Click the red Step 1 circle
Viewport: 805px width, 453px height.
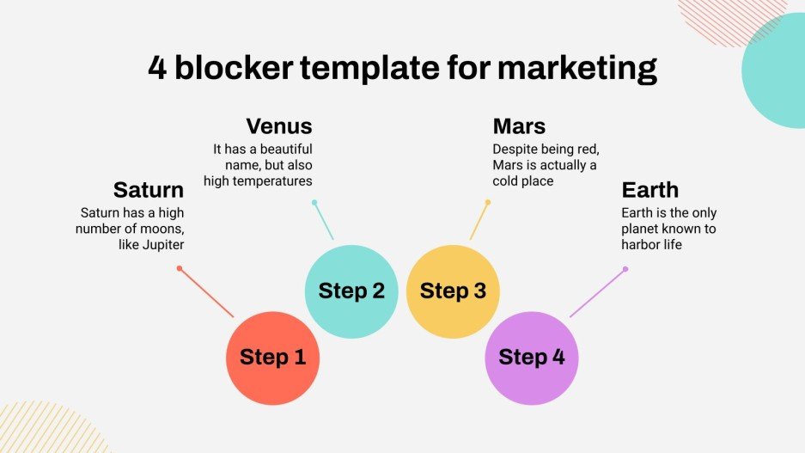(272, 358)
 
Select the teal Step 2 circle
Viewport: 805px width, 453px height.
(351, 291)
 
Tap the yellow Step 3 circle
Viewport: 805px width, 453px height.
(453, 291)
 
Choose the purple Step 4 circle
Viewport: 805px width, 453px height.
(532, 358)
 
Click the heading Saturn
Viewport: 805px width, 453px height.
(149, 190)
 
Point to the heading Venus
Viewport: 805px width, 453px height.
(279, 126)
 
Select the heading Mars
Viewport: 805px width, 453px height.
(519, 126)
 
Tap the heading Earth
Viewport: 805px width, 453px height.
(650, 190)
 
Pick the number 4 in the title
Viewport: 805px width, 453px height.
(156, 68)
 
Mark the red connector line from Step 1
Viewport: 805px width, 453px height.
(206, 292)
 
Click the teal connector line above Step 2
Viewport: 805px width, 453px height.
(324, 221)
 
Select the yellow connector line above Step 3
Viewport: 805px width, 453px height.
(479, 221)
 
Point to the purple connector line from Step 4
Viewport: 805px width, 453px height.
(598, 292)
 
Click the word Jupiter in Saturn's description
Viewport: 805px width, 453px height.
(162, 245)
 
